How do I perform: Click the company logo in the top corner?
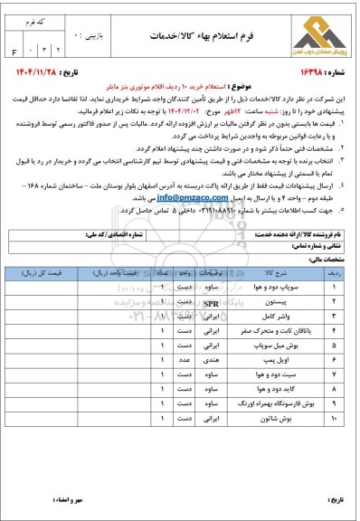pos(310,34)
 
